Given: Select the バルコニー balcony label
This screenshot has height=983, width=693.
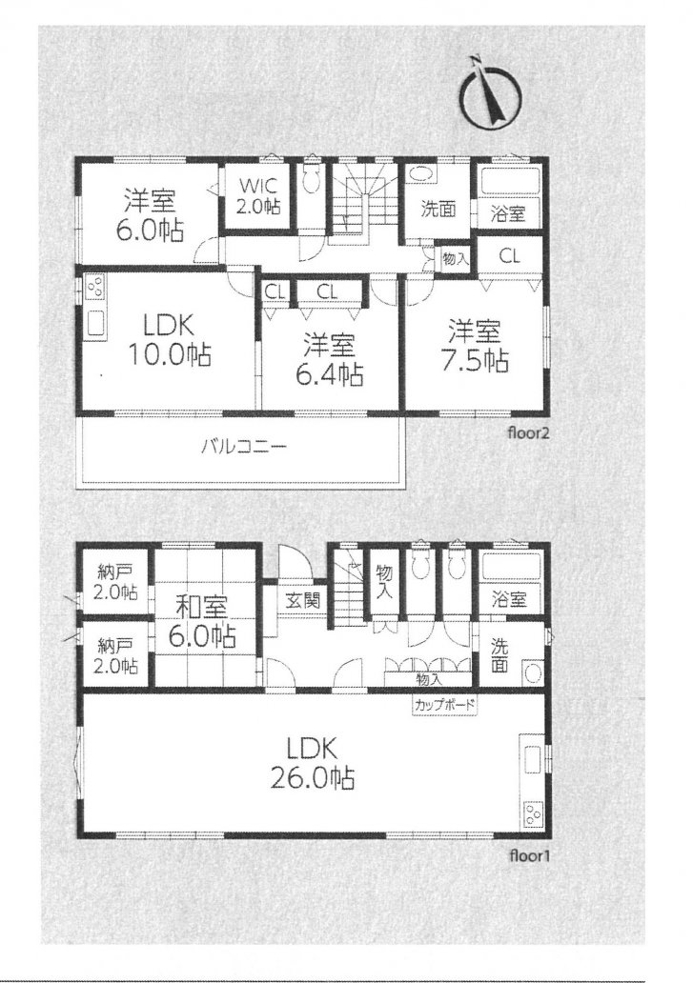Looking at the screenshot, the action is [x=244, y=447].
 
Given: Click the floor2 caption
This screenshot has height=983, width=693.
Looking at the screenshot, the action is [x=529, y=432].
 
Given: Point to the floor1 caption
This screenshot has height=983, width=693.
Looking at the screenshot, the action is [x=529, y=855].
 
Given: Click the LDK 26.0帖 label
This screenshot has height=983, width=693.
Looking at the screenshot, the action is [x=312, y=762].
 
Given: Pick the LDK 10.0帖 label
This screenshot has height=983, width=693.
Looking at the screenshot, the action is [x=170, y=341].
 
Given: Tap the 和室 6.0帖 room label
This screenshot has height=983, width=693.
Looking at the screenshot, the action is [x=201, y=622].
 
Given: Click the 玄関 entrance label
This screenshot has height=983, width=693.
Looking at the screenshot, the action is [x=303, y=601].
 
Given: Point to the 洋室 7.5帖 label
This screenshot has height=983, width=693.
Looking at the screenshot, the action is [x=474, y=346].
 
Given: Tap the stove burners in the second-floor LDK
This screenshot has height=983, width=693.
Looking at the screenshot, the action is [x=96, y=289].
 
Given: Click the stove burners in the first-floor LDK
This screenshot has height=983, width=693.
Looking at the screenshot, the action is [x=532, y=814].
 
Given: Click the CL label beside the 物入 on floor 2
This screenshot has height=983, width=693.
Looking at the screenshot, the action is [x=511, y=256].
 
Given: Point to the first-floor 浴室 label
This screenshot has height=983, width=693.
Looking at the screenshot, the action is [x=509, y=599].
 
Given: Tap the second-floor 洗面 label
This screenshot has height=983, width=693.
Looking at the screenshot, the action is [x=438, y=209].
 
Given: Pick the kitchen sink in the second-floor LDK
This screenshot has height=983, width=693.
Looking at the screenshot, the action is [x=96, y=324].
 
